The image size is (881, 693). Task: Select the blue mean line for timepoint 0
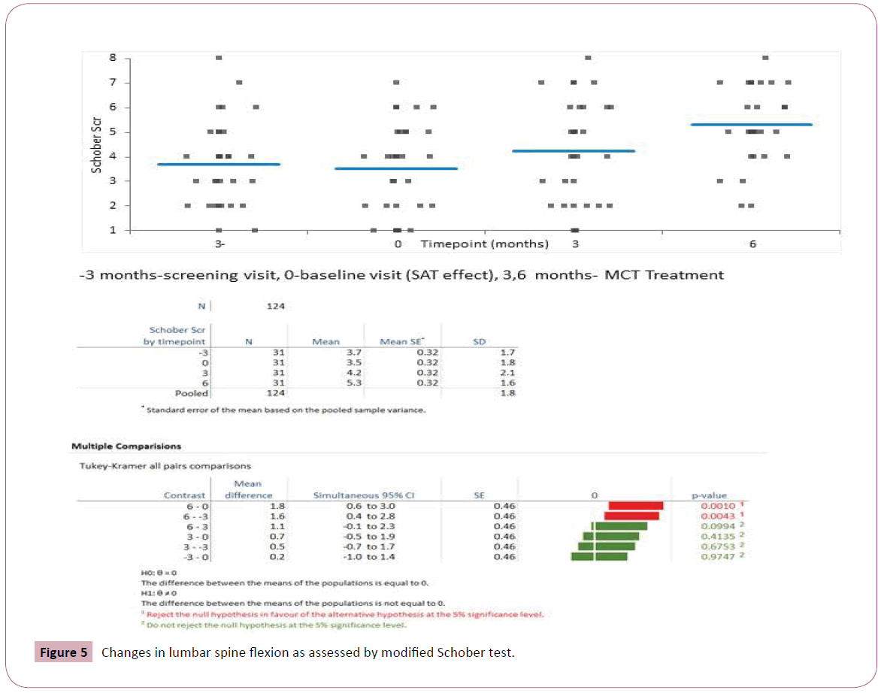pyautogui.click(x=396, y=168)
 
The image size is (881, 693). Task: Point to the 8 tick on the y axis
pyautogui.click(x=112, y=58)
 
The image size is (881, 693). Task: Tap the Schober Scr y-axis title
pyautogui.click(x=97, y=144)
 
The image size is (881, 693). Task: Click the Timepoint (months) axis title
pyautogui.click(x=484, y=244)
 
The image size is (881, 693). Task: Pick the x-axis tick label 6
pyautogui.click(x=752, y=244)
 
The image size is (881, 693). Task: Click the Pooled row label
pyautogui.click(x=191, y=393)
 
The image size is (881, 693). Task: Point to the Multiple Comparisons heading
pyautogui.click(x=126, y=446)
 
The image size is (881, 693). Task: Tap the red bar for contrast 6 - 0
pyautogui.click(x=635, y=506)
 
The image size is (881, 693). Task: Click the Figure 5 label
pyautogui.click(x=64, y=652)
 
